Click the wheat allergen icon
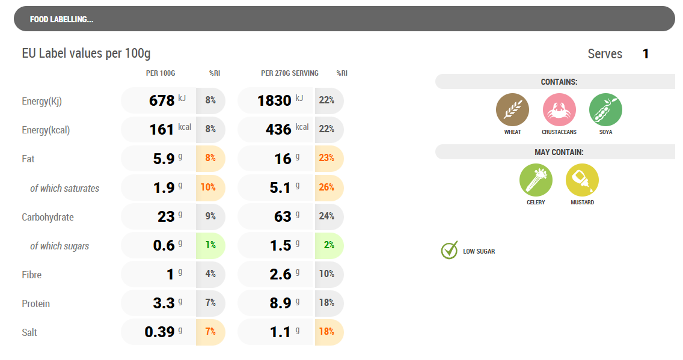click(x=512, y=110)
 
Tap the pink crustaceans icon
click(x=559, y=110)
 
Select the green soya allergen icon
click(x=605, y=110)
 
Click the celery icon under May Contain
click(x=536, y=180)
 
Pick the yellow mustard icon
click(x=582, y=180)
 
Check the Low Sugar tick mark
click(x=449, y=251)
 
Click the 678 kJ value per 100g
click(x=162, y=100)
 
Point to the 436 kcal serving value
click(x=278, y=129)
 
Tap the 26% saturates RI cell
click(x=327, y=188)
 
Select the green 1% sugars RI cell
click(x=210, y=245)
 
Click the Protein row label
click(x=36, y=304)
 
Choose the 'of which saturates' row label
click(x=65, y=188)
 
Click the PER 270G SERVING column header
click(x=290, y=73)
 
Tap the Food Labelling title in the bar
click(x=61, y=19)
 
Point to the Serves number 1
click(x=646, y=54)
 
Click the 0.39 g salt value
click(x=161, y=332)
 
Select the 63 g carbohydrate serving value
click(x=283, y=216)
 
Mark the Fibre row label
click(x=32, y=275)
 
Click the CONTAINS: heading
click(x=559, y=82)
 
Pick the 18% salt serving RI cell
click(x=327, y=332)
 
